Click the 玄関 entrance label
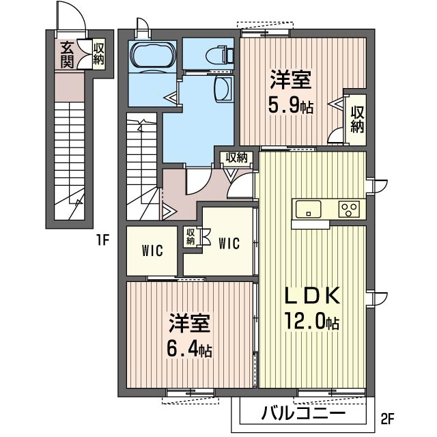tap(67, 55)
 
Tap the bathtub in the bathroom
tap(153, 55)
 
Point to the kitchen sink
tap(308, 209)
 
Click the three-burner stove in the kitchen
tap(349, 209)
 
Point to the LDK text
tap(311, 295)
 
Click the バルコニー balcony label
tap(303, 412)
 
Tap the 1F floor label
tap(102, 240)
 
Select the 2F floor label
tap(387, 418)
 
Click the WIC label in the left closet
tap(152, 251)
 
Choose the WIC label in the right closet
tap(229, 243)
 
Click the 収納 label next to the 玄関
tap(98, 54)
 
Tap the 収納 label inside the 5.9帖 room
tap(357, 120)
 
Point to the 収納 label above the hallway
tap(236, 158)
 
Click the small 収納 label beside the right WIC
tap(191, 237)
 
